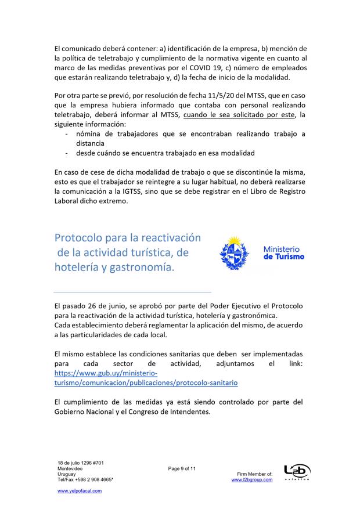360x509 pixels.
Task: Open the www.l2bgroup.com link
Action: click(x=251, y=480)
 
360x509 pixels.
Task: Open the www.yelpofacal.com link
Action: click(x=80, y=490)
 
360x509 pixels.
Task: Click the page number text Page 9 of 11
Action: click(x=182, y=468)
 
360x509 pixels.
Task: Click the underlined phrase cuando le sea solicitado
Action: click(x=220, y=115)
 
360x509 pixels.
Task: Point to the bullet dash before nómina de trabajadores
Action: click(x=68, y=134)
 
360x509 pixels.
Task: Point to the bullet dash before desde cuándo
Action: click(x=68, y=153)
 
